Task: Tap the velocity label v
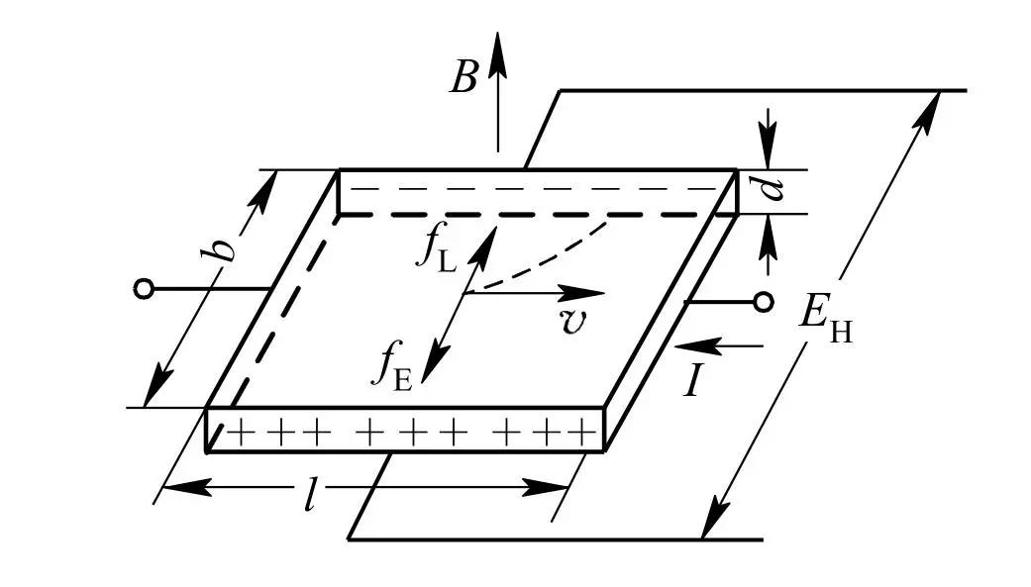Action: tap(572, 323)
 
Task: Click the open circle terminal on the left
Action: tap(144, 289)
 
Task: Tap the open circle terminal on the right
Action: tap(763, 302)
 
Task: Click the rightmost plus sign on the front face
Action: tap(587, 432)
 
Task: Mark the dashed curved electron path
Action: tap(555, 261)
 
